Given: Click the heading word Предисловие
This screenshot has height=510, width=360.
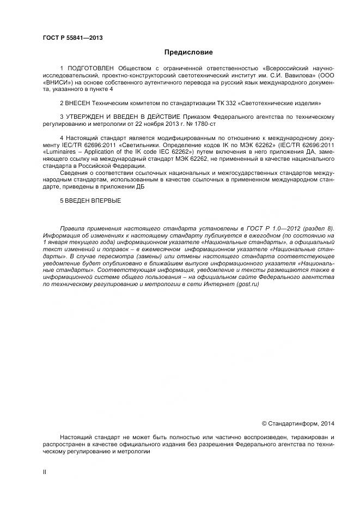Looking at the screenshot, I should click(x=189, y=52).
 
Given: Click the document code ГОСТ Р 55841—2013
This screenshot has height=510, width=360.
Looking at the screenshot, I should click(x=72, y=38).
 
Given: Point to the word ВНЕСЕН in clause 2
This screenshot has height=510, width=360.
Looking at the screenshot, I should click(x=78, y=102).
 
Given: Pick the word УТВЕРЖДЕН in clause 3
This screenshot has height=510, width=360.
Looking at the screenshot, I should click(x=90, y=117).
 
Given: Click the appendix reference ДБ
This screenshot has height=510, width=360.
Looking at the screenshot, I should click(x=139, y=187).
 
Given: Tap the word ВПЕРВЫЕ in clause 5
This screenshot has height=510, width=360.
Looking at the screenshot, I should click(x=103, y=201).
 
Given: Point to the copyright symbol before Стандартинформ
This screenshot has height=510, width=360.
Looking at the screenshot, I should click(x=265, y=423).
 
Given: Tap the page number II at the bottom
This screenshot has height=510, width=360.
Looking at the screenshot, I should click(x=44, y=472).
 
